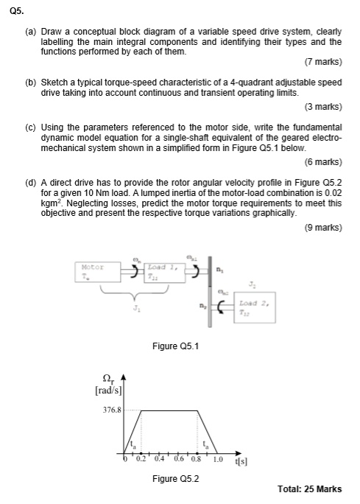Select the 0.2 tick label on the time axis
[142, 461]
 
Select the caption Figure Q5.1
[174, 343]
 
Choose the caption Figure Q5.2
[174, 478]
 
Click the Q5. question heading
[16, 10]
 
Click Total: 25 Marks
[309, 490]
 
